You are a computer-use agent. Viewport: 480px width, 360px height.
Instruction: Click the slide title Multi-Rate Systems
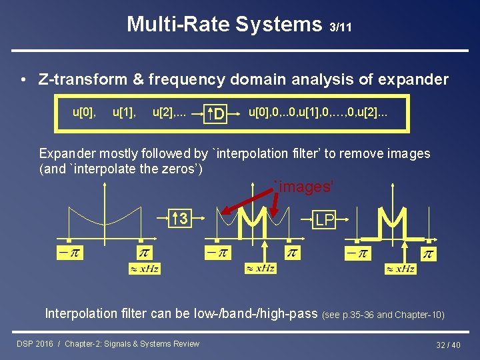click(225, 25)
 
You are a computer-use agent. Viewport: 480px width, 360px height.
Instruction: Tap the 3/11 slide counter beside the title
click(341, 27)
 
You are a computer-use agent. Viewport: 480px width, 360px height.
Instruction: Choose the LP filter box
click(325, 220)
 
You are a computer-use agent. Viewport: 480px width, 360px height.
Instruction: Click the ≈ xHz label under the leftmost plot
click(145, 269)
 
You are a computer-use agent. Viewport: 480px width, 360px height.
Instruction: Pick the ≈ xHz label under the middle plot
click(261, 268)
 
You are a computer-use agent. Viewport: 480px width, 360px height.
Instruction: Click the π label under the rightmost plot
click(429, 255)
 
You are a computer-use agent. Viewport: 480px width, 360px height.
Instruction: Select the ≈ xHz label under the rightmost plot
click(400, 269)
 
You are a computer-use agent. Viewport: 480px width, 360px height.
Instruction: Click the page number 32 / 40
click(448, 345)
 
